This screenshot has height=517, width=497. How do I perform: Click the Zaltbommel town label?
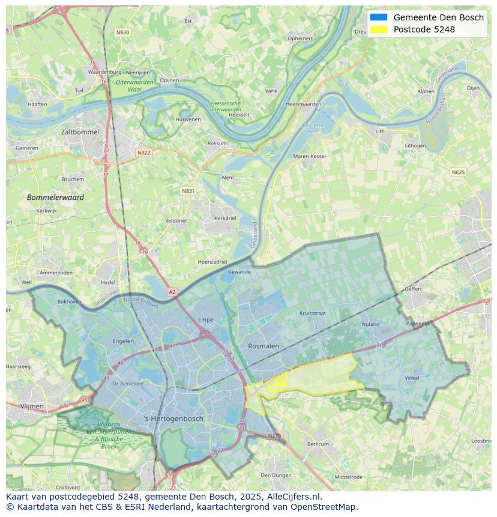pos(79,132)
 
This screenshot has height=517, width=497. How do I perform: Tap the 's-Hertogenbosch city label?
pos(174,419)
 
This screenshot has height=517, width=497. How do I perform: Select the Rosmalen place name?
pos(264,346)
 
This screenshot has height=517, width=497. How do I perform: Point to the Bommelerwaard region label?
pos(55,197)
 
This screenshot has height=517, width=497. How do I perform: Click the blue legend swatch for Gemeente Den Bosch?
pos(379,17)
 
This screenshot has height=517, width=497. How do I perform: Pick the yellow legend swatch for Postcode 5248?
pos(379,29)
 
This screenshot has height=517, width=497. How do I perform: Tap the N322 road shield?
pos(143,153)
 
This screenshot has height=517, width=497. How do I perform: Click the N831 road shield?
pos(188,191)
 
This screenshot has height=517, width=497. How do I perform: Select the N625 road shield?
pos(458,172)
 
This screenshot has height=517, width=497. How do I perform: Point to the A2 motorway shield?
pos(172,292)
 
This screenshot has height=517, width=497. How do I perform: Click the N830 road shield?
pos(122,32)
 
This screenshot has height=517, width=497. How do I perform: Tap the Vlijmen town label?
pos(32,407)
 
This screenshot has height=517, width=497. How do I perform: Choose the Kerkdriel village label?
pos(225,218)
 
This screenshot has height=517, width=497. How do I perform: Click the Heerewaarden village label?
pos(303,104)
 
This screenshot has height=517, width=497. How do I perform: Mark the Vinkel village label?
pos(412,378)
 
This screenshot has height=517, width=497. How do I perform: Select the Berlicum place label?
pos(318,444)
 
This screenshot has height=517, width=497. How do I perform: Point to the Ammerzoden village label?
pos(56,273)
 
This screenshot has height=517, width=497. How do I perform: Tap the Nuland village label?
pos(370,324)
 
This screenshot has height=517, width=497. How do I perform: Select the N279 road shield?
pos(274,435)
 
